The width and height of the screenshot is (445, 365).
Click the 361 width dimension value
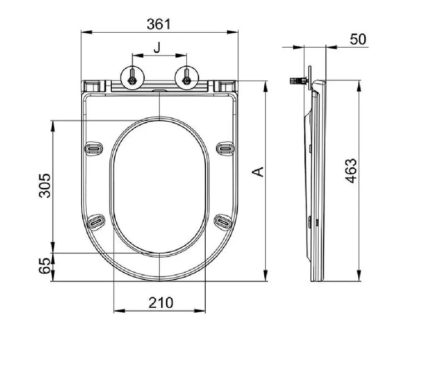[160, 24]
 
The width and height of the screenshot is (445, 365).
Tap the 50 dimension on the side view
[359, 39]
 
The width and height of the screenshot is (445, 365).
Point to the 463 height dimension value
[351, 173]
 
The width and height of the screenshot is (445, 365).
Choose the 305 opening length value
[45, 186]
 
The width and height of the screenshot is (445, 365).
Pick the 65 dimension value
[45, 268]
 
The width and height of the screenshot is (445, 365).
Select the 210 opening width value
[160, 303]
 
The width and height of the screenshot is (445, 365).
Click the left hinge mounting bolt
[132, 80]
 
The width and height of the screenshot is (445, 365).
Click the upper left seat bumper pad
[94, 148]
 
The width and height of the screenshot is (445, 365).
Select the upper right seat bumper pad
[225, 148]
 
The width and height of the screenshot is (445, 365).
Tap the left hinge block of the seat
[93, 86]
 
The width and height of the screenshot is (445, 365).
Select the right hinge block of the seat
[226, 86]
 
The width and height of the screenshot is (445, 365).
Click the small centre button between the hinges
[159, 88]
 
